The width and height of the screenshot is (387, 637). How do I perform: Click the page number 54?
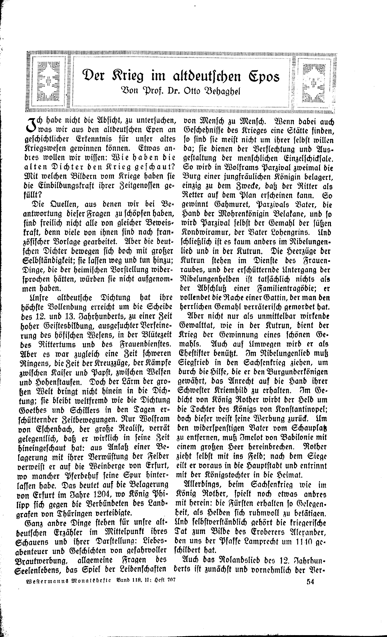click(x=310, y=624)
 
